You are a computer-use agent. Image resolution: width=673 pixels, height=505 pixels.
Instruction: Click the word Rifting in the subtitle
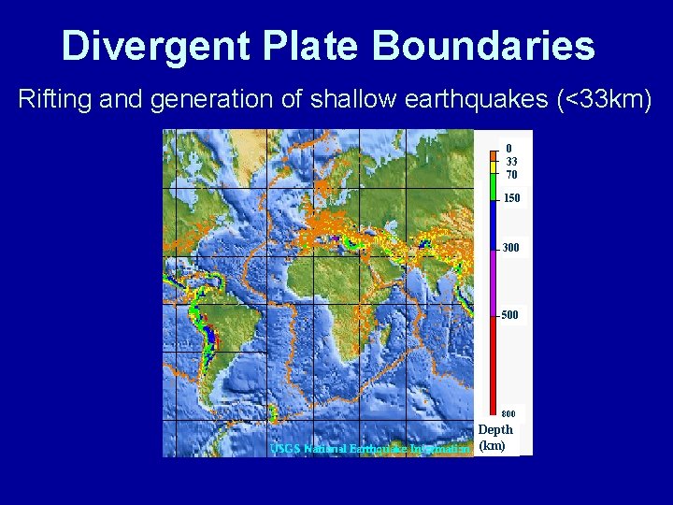tap(51, 100)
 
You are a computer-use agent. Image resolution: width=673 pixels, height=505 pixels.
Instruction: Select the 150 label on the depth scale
tap(511, 198)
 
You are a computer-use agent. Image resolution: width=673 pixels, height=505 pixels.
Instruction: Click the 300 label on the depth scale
tap(511, 248)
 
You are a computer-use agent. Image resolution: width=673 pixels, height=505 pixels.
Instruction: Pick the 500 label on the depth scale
tap(508, 315)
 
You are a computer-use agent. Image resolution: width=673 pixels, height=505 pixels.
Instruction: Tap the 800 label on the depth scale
tap(508, 413)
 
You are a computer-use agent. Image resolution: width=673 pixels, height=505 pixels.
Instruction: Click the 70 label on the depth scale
tap(511, 175)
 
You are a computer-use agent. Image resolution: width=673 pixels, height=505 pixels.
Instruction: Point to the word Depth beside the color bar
tap(495, 430)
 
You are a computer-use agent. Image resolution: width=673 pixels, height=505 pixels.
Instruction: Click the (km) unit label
tap(492, 445)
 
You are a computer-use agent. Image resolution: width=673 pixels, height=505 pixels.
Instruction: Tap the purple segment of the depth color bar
tap(493, 281)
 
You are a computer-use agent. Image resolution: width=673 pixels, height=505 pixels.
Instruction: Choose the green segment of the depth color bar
tap(493, 186)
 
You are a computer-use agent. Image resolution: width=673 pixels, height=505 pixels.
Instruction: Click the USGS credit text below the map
tap(369, 449)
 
